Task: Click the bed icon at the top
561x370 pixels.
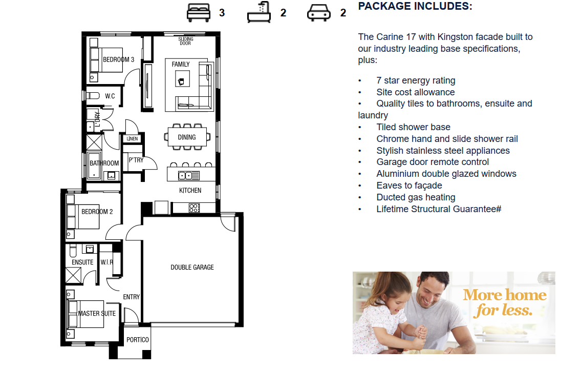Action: pos(198,13)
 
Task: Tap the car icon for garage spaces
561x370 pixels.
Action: pos(319,13)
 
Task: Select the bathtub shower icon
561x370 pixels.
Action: pos(259,12)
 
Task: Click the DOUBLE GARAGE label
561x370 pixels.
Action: pos(192,267)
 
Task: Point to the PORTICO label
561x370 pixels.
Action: pos(137,340)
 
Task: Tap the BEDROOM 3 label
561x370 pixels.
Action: pos(118,59)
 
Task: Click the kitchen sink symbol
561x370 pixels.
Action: pos(188,175)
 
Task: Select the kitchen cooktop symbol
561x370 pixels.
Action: pos(195,208)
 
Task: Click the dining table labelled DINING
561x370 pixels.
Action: pos(187,137)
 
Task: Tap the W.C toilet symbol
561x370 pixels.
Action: pos(93,96)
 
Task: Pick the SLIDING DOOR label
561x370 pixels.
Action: pos(185,41)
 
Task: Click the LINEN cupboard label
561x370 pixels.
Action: pos(132,138)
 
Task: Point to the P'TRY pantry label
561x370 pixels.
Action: pos(136,160)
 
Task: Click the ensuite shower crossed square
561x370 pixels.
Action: pos(73,276)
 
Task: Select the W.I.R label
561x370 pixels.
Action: pos(106,262)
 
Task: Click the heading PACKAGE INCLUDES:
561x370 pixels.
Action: pos(415,6)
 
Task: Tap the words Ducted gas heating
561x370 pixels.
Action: pos(416,197)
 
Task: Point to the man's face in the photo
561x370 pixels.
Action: pos(431,292)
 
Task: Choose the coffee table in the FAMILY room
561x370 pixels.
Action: pos(182,78)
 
